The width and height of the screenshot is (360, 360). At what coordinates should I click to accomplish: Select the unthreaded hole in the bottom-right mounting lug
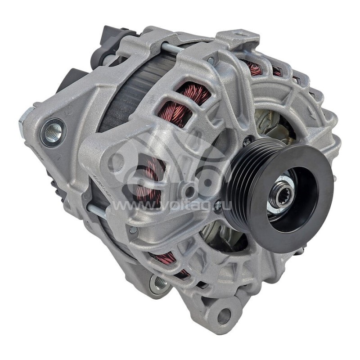click(x=224, y=316)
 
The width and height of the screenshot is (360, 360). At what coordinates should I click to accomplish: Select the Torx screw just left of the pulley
click(x=247, y=143)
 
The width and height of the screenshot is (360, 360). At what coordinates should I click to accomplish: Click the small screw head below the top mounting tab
click(x=211, y=60)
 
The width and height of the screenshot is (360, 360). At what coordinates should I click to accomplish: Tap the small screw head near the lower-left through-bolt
click(x=133, y=230)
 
